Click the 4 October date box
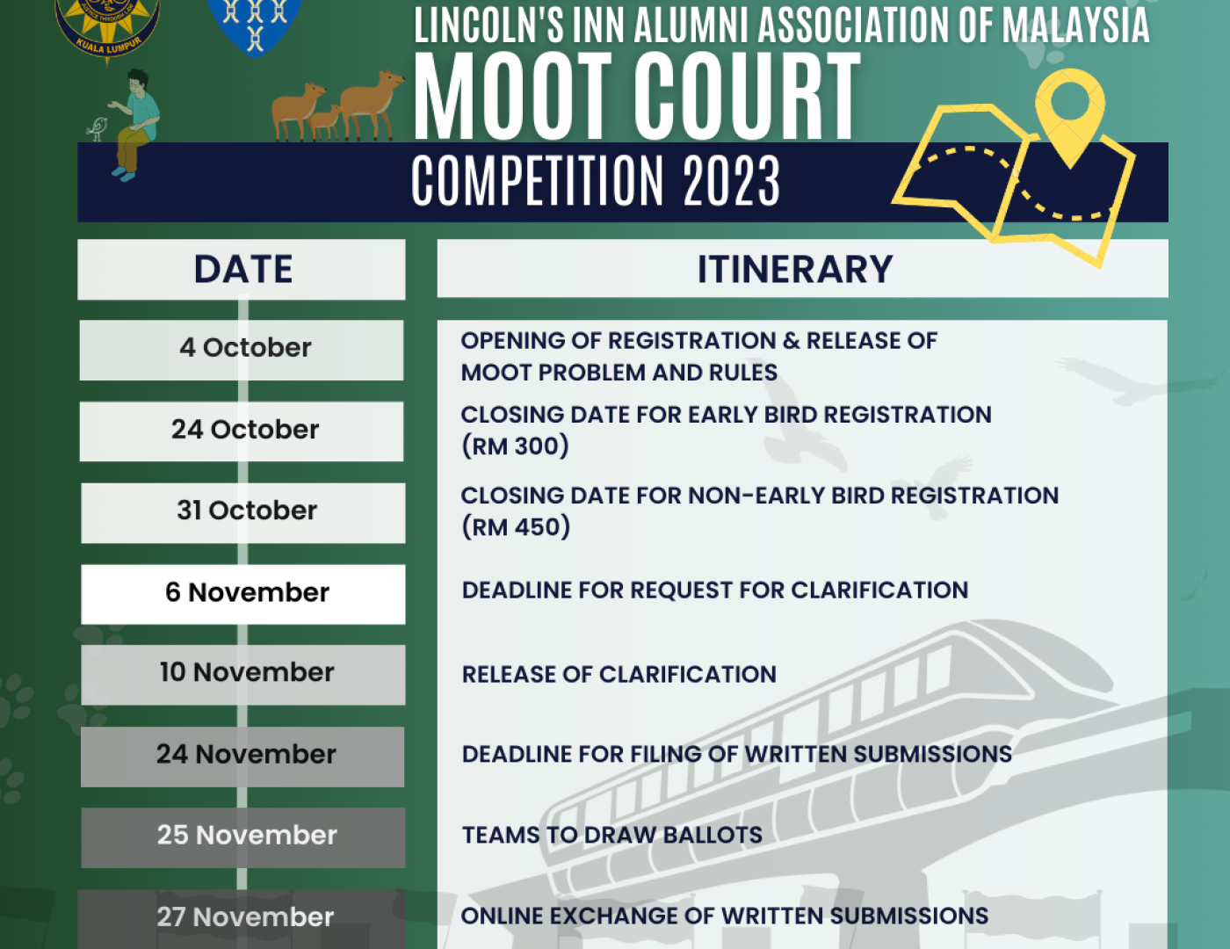coord(242,350)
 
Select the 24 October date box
coord(242,431)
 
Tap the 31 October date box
coord(242,512)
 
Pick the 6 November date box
coord(242,594)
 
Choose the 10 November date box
coord(242,675)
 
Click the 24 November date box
coord(242,757)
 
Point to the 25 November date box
coord(242,837)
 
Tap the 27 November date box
coord(242,919)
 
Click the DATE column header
coord(242,270)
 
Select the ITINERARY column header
coord(803,268)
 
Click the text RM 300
coord(515,446)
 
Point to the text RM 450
coord(516,527)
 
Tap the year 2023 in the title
coord(731,181)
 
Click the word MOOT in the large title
coord(513,97)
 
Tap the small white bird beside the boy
coord(98,129)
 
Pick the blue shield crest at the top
coord(255,26)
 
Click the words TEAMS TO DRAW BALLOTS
coord(612,836)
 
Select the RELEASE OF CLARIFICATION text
coord(619,675)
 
